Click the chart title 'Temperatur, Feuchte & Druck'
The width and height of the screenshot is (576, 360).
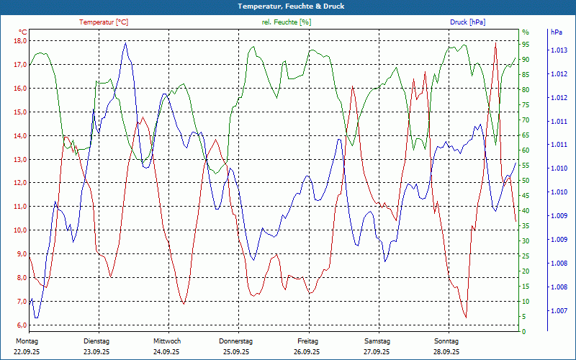(x=287, y=6)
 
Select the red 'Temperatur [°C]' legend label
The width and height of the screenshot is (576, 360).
(x=104, y=22)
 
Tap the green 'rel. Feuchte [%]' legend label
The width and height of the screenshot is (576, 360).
(x=287, y=22)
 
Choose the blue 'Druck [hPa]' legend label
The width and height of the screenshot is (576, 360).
(x=467, y=22)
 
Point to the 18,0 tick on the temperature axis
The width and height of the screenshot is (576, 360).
(x=20, y=41)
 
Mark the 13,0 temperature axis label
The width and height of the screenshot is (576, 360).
(x=20, y=159)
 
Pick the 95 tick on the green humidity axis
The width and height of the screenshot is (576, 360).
(x=526, y=44)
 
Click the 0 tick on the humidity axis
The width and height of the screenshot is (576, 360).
(x=524, y=332)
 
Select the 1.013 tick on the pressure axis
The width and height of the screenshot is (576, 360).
(x=559, y=50)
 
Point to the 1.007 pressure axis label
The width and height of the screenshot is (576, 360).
(x=559, y=311)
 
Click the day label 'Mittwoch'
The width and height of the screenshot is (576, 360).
(x=167, y=341)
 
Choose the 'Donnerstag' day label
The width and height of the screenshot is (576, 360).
(x=236, y=341)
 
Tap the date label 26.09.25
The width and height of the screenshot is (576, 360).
(x=307, y=352)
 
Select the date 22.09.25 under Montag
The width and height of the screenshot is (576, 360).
(x=27, y=352)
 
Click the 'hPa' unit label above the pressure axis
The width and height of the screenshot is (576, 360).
(x=557, y=32)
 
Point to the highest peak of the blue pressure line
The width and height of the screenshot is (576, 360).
(x=125, y=42)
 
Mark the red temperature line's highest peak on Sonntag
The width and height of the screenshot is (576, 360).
(x=495, y=43)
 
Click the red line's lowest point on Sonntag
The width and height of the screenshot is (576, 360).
(x=466, y=317)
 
